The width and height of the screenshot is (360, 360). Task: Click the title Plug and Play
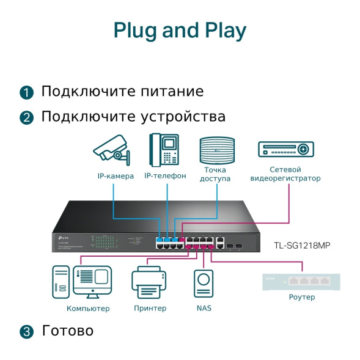click(180, 30)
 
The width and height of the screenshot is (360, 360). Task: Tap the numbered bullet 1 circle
click(26, 93)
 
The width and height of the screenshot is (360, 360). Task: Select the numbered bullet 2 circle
click(26, 117)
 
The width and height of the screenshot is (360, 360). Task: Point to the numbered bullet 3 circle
click(26, 332)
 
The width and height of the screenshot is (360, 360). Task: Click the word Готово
click(67, 331)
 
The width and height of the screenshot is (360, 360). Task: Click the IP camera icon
click(112, 150)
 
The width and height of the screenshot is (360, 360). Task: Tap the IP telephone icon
click(164, 150)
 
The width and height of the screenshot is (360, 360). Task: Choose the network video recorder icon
click(285, 150)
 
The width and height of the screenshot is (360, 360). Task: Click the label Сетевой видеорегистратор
click(285, 174)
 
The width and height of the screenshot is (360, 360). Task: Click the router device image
click(301, 282)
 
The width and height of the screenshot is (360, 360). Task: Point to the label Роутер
click(301, 297)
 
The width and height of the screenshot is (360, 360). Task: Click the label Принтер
click(150, 308)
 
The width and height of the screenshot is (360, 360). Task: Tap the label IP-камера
click(116, 176)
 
